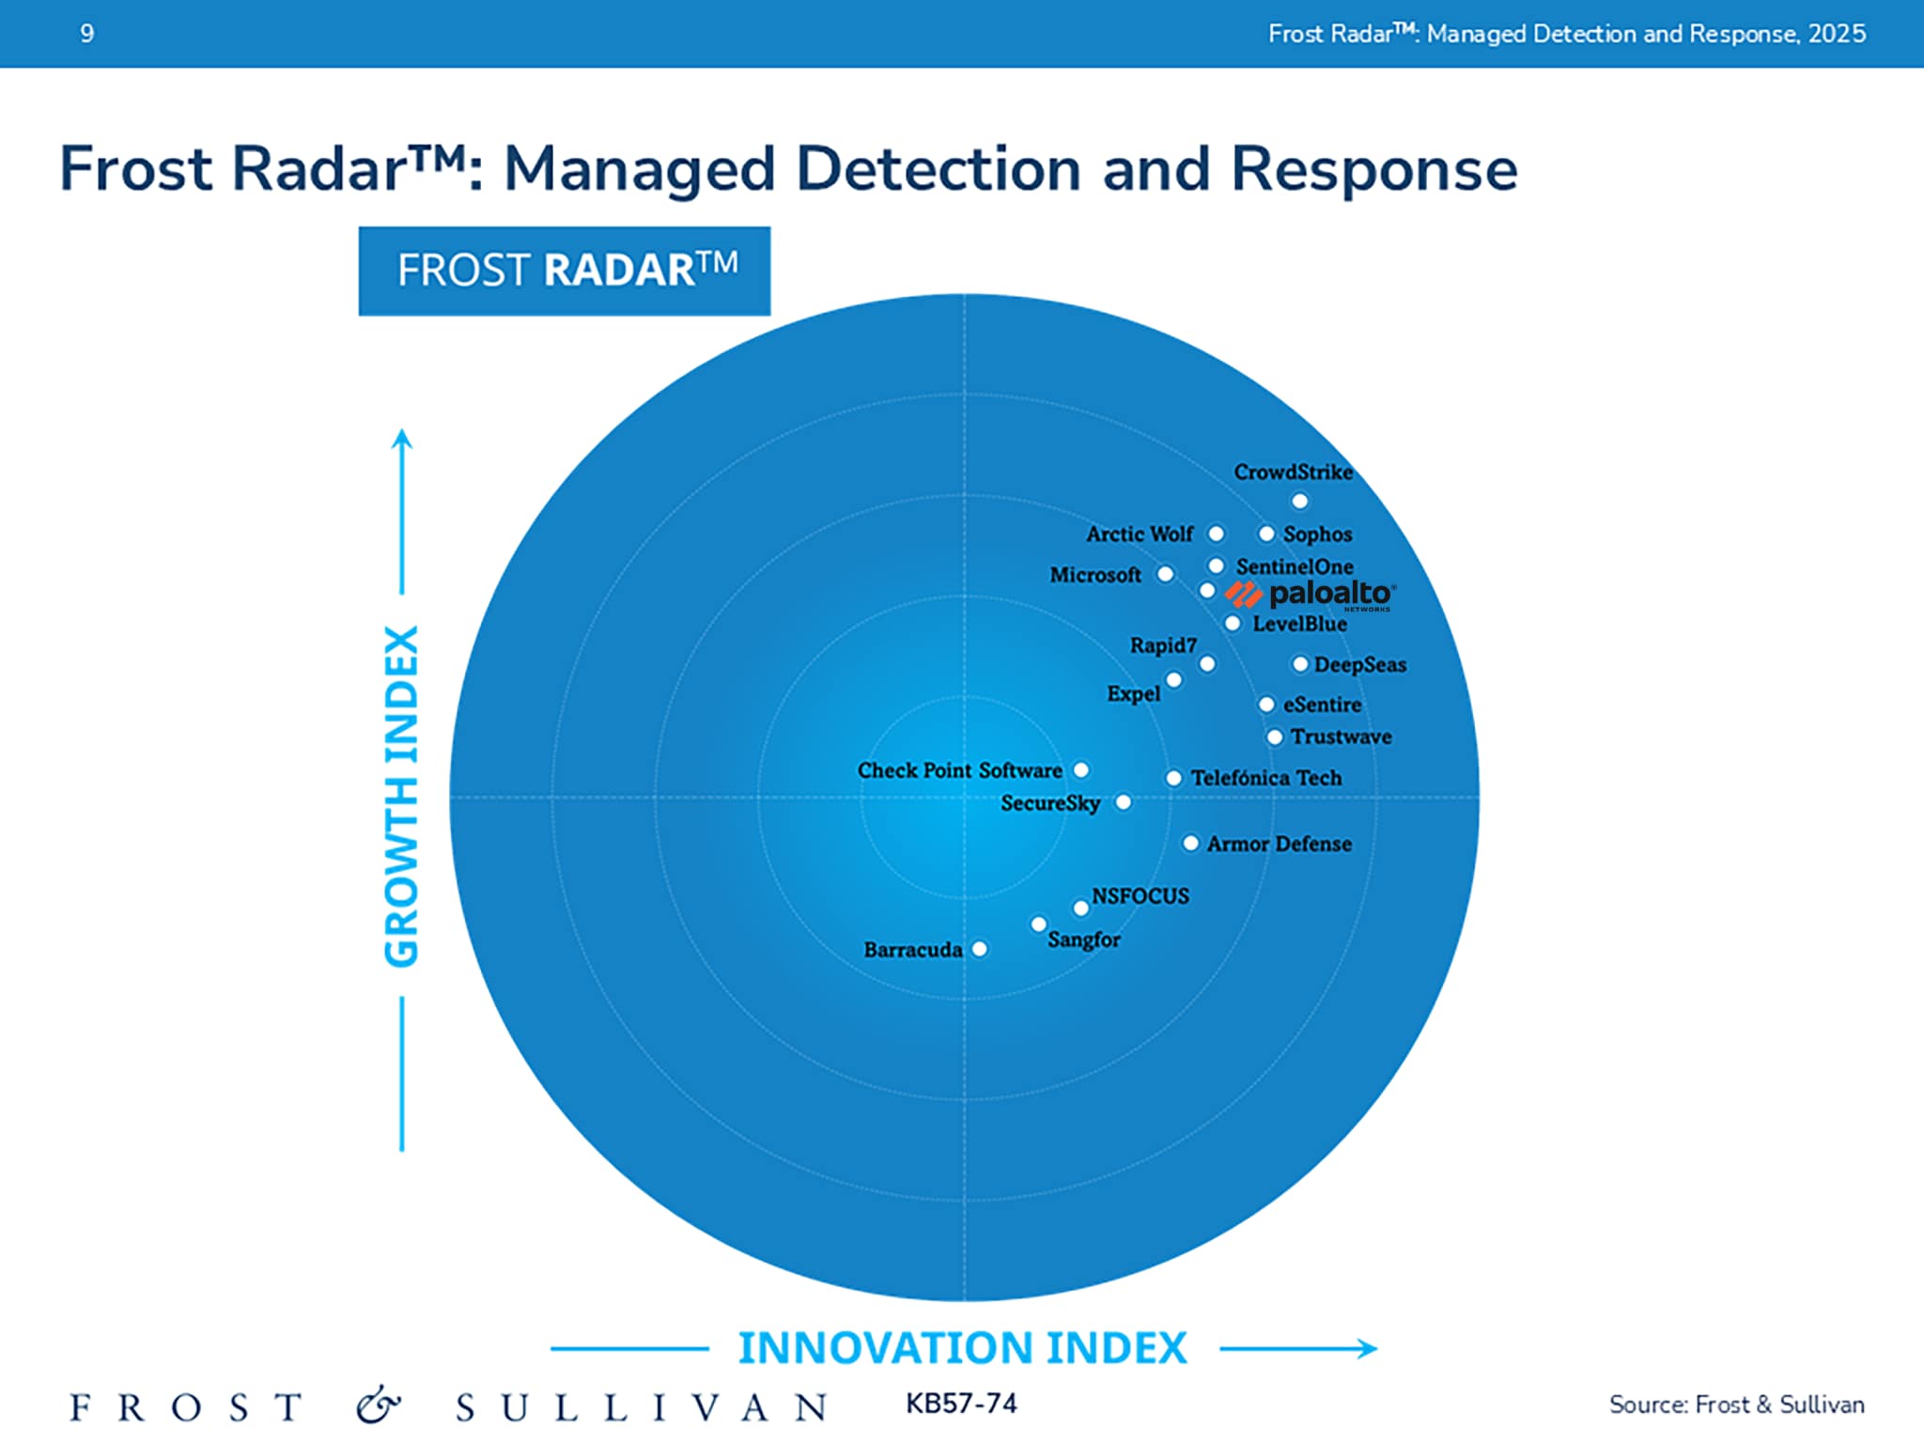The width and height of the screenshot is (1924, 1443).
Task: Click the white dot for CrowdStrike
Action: click(1299, 501)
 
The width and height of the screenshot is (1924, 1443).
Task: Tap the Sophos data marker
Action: click(1266, 534)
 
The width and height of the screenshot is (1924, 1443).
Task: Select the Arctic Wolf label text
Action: click(1139, 534)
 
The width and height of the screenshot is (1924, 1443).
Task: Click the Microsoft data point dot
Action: click(1165, 574)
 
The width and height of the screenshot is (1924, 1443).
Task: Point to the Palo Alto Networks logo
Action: click(1311, 595)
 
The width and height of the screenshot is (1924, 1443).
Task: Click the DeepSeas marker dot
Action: click(1300, 664)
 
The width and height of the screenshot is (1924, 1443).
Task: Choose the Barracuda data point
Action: click(979, 949)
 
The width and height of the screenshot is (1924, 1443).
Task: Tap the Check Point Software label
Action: click(959, 770)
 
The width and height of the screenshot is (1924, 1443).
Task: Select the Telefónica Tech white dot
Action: click(1173, 778)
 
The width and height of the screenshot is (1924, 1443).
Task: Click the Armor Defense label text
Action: click(1279, 844)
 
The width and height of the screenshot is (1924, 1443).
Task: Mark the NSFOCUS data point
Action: click(1081, 908)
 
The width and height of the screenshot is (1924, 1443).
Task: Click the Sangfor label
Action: click(1083, 939)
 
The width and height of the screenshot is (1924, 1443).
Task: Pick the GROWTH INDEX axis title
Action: click(402, 796)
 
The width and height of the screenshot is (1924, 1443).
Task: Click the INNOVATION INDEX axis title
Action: click(962, 1347)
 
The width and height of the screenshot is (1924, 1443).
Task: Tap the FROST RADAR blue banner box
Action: click(565, 271)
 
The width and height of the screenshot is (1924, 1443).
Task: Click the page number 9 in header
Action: click(87, 34)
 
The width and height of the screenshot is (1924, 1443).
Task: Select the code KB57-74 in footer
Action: click(961, 1404)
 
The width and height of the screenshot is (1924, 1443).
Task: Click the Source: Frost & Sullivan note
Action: click(1736, 1404)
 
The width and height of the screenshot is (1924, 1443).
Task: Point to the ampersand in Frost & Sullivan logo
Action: click(378, 1405)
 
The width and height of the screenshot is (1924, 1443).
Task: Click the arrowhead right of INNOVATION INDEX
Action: click(1368, 1349)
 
